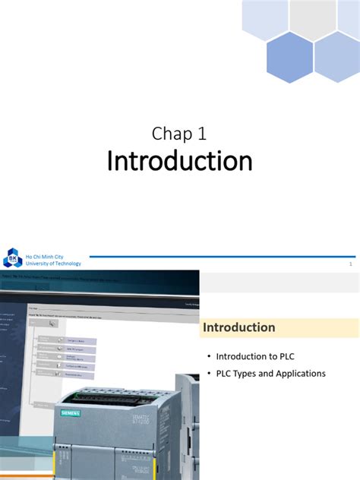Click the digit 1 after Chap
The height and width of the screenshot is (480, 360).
point(202,134)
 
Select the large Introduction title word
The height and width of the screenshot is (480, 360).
point(179,162)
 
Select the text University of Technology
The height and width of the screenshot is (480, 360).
point(53,264)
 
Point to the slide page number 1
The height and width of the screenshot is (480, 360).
point(350,264)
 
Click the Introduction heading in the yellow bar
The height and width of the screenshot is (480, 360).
point(238,327)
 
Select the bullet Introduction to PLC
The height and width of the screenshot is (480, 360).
point(254,355)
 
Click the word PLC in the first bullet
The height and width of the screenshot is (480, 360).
point(283,355)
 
